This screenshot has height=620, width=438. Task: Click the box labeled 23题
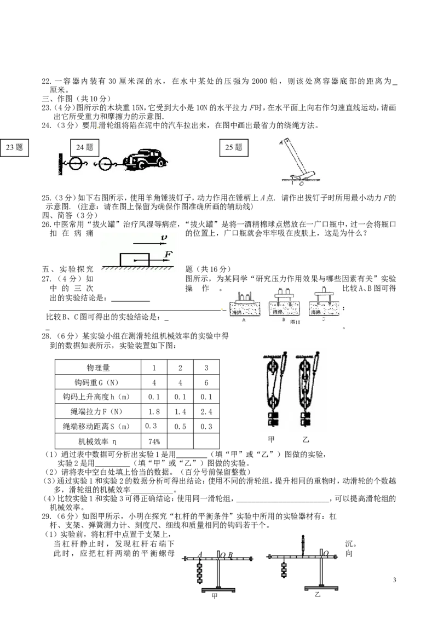(x=14, y=147)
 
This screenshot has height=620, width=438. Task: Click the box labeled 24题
(x=85, y=147)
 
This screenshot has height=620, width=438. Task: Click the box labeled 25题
(x=234, y=147)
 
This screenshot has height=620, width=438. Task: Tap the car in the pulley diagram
(x=145, y=160)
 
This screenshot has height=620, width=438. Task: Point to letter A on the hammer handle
(x=281, y=142)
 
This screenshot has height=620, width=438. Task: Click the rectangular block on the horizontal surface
(x=134, y=260)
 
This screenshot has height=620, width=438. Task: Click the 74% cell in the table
(x=154, y=441)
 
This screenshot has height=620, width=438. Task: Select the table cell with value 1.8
(x=154, y=412)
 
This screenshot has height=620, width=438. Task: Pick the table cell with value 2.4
(x=206, y=412)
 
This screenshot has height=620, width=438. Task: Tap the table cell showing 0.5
(x=180, y=427)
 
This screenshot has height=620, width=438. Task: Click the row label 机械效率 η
(x=97, y=441)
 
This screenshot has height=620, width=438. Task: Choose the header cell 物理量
(x=97, y=368)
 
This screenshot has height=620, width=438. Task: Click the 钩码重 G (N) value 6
(x=206, y=382)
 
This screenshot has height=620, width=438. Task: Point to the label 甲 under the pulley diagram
(x=271, y=439)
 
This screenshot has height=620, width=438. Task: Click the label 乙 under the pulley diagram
(x=306, y=439)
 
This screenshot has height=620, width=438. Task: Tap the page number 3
(x=395, y=580)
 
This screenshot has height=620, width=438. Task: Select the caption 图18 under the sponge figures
(x=295, y=322)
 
